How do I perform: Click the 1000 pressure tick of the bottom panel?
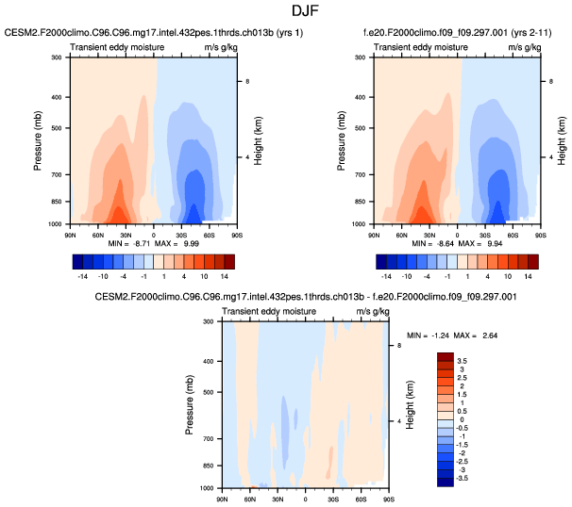(208, 488)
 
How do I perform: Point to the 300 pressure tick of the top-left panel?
(57, 57)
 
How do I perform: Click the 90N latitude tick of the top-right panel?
(376, 232)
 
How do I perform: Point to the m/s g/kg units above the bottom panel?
(371, 311)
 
